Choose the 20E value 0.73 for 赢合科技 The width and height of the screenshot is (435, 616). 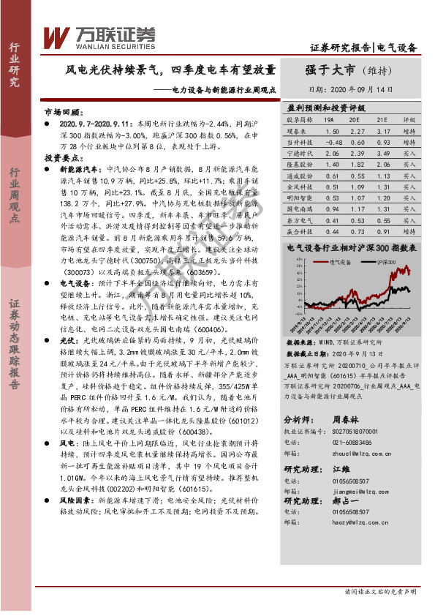(357, 232)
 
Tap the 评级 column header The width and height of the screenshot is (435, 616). (409, 119)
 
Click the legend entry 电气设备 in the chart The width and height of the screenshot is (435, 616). (341, 260)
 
